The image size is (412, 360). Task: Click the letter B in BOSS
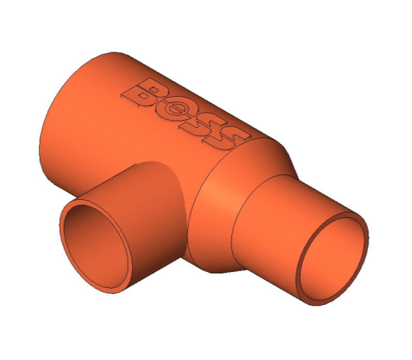[146, 94]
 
